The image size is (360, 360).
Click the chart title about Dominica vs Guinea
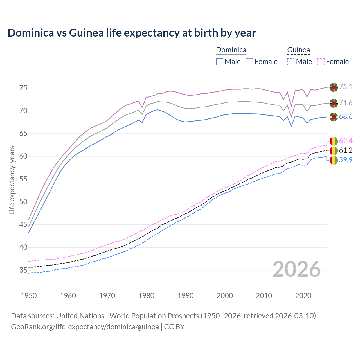(x=132, y=33)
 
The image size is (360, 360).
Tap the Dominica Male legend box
(x=220, y=62)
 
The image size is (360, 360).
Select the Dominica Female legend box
(x=249, y=62)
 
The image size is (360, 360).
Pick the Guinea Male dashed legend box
(x=291, y=62)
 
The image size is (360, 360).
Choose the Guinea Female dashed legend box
(x=321, y=62)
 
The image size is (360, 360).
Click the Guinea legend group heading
(x=298, y=50)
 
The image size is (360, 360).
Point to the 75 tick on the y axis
(x=23, y=88)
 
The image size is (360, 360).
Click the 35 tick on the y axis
(x=23, y=270)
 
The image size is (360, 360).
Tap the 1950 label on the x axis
(x=29, y=296)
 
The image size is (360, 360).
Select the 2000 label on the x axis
(x=225, y=296)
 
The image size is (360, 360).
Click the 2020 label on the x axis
(x=303, y=296)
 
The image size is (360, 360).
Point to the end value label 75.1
(x=346, y=87)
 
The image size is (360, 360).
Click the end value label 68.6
(x=346, y=117)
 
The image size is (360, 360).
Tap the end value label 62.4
(x=346, y=141)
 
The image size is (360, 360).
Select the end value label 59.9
(x=346, y=160)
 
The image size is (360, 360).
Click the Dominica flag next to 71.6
(x=334, y=103)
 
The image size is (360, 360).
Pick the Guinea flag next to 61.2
(x=334, y=150)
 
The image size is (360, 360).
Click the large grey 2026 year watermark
(x=297, y=269)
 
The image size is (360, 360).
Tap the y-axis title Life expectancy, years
(x=12, y=180)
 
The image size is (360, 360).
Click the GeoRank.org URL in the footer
(x=85, y=327)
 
